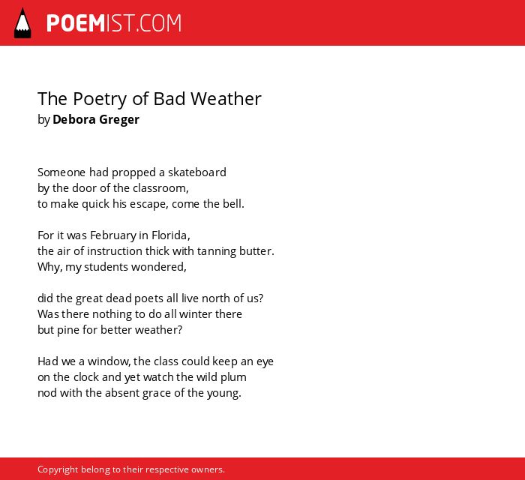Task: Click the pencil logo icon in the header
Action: point(22,23)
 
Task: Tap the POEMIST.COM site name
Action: point(114,23)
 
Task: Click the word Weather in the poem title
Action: point(226,99)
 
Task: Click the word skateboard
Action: point(196,172)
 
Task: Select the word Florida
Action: point(171,235)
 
